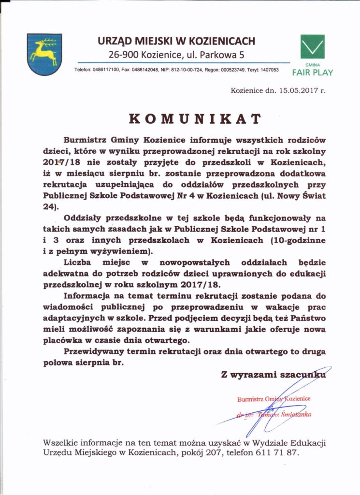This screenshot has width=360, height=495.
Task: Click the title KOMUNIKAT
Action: (195, 118)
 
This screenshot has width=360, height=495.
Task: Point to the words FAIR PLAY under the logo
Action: (312, 73)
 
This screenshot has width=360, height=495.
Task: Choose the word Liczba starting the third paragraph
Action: (80, 262)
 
